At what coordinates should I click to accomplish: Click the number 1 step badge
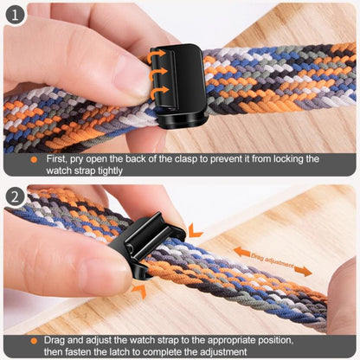[14, 14]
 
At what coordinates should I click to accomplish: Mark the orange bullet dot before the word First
[34, 159]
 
